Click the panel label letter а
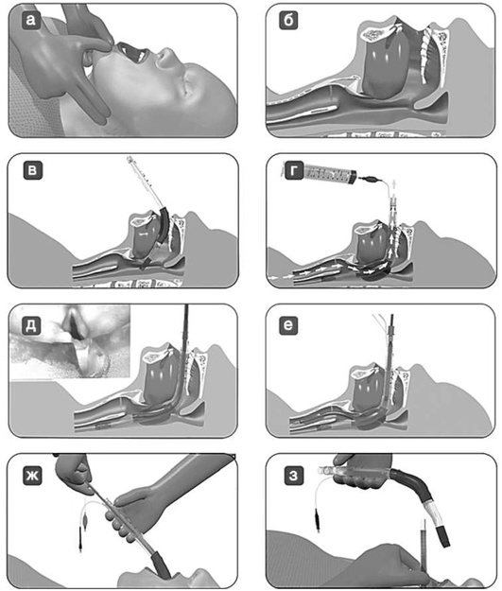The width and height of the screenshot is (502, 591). (31, 20)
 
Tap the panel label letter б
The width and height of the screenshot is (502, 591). (288, 21)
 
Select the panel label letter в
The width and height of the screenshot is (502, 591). (32, 170)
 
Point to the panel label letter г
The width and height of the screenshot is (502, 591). (294, 171)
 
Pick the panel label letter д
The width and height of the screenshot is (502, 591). (31, 325)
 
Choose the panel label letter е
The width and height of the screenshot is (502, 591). (288, 325)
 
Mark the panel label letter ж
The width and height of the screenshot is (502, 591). (32, 476)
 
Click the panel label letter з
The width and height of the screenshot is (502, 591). (293, 476)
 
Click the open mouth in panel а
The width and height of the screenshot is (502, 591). (132, 53)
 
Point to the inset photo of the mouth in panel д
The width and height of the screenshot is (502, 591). (71, 341)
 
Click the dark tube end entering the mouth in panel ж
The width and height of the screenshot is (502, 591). (162, 565)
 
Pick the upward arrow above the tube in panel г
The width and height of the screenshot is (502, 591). (394, 186)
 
